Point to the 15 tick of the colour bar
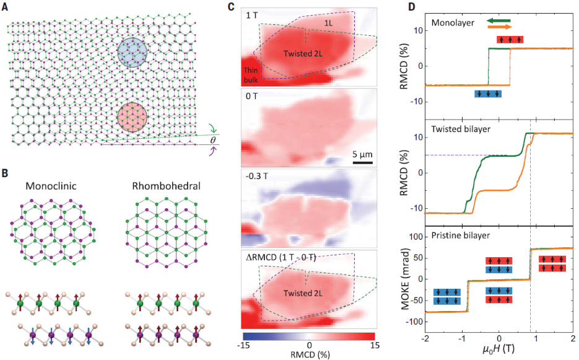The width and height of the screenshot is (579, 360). pos(374,346)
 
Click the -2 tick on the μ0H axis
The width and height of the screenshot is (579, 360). pos(425,336)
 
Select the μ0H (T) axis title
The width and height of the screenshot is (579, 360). pos(499,350)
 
